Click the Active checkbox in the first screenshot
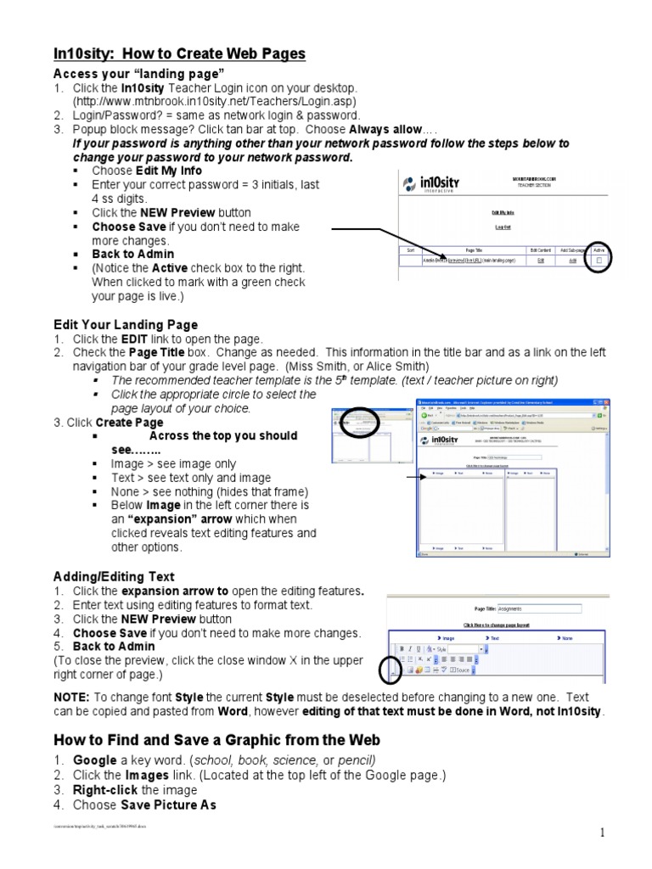[598, 261]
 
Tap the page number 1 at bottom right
[603, 833]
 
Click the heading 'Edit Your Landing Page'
[126, 324]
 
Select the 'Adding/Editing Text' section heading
[114, 577]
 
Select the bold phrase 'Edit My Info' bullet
[169, 171]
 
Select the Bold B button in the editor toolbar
[402, 649]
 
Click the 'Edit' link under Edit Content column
[541, 261]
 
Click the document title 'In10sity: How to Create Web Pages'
[179, 54]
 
